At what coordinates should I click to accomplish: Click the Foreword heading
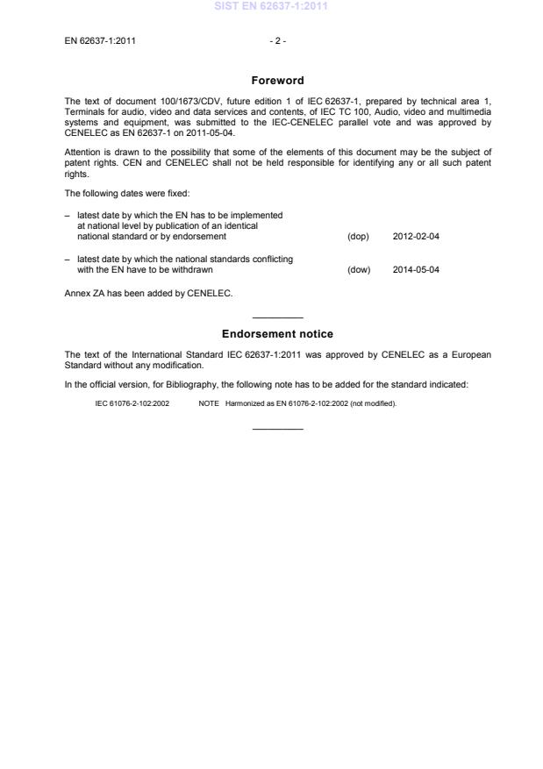tap(277, 81)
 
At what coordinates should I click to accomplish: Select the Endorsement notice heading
tap(277, 334)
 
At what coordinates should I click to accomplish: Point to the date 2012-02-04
tap(416, 237)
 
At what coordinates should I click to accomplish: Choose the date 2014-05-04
tap(416, 270)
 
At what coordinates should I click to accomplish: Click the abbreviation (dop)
tap(358, 237)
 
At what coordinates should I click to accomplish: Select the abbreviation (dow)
tap(359, 270)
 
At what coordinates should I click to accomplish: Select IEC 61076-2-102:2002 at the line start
tap(132, 403)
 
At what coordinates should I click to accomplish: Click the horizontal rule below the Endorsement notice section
tap(277, 428)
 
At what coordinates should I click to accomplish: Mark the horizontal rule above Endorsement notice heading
tap(277, 317)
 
